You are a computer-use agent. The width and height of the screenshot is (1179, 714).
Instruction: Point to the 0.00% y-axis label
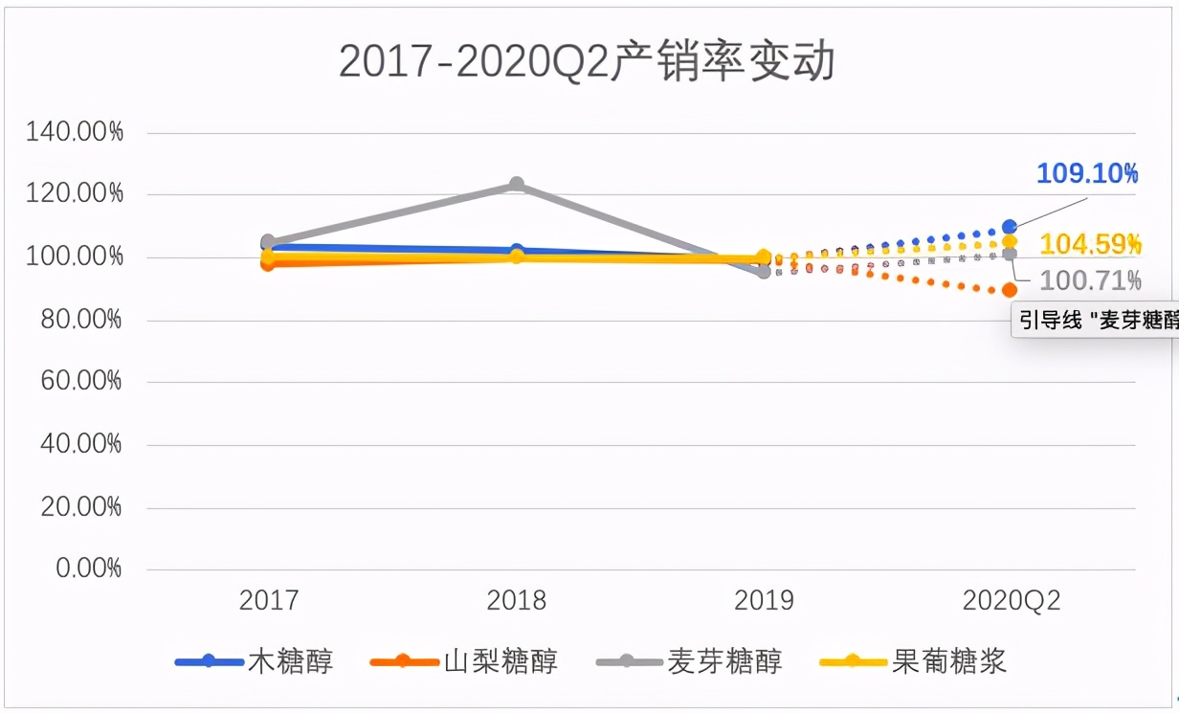tap(87, 569)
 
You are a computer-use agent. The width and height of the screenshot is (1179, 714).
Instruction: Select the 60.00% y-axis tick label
tap(80, 382)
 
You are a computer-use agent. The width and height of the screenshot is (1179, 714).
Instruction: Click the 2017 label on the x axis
tap(269, 601)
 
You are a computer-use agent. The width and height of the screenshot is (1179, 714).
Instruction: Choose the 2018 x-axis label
tap(516, 601)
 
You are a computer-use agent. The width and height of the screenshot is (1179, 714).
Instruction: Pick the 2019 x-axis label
tap(764, 601)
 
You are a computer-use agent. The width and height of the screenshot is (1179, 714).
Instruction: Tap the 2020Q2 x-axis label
tap(1011, 601)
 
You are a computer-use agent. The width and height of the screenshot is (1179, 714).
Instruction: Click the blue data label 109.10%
tap(1087, 174)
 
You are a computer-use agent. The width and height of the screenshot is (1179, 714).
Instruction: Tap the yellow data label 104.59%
tap(1090, 245)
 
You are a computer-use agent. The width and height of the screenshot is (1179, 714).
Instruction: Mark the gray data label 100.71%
tap(1090, 281)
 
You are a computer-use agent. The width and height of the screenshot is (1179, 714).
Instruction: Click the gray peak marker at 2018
tap(517, 184)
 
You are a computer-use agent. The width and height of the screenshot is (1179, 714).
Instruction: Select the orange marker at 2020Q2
tap(1010, 290)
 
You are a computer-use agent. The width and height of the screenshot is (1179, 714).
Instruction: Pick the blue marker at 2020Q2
tap(1010, 227)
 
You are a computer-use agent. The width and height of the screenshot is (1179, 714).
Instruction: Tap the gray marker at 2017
tap(268, 242)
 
